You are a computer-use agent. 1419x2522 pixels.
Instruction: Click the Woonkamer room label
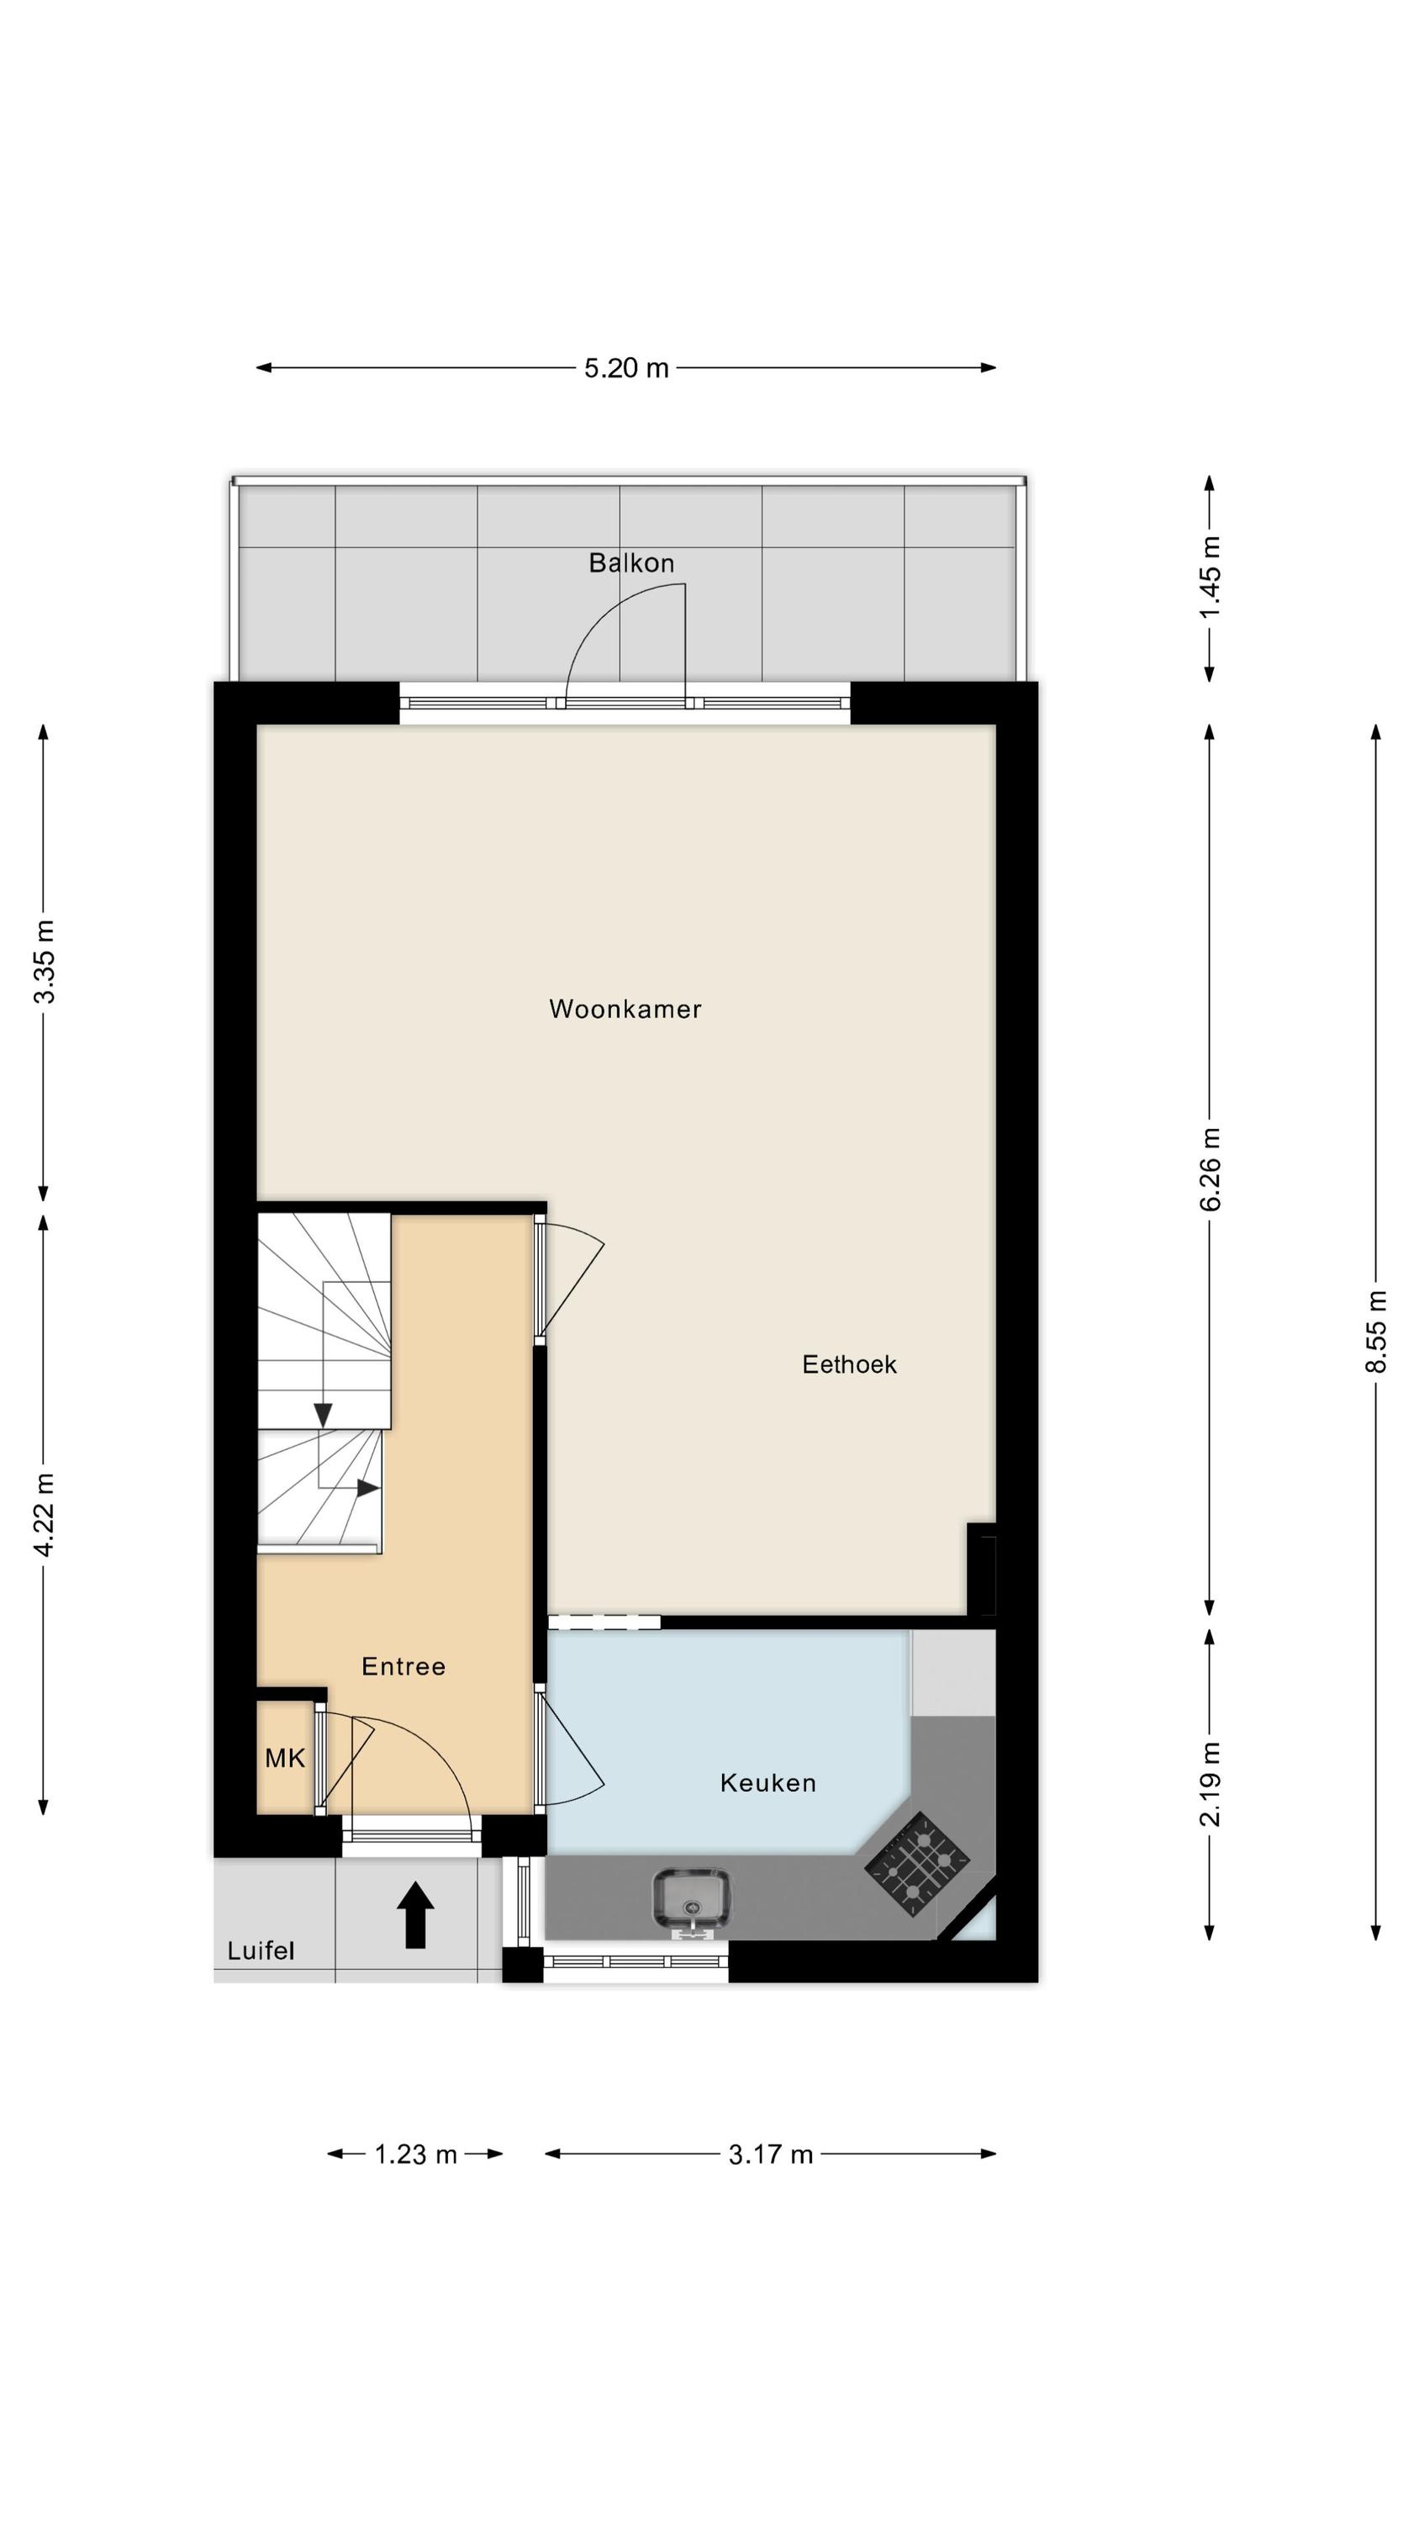pos(625,1009)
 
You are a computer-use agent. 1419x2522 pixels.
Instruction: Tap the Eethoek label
pos(849,1364)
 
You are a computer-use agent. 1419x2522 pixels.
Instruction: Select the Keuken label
pos(768,1783)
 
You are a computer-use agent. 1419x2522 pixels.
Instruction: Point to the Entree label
pos(404,1666)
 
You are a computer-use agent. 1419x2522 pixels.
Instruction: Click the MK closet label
pos(285,1759)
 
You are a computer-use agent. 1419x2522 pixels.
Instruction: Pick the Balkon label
pos(631,563)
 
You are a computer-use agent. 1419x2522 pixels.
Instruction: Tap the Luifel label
pos(261,1951)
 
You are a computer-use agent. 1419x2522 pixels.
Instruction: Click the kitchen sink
pos(691,1902)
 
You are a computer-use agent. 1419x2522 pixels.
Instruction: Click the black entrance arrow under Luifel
pos(415,1915)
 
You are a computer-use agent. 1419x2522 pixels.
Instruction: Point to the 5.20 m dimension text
pos(627,368)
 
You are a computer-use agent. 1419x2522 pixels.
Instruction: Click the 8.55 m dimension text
pos(1376,1332)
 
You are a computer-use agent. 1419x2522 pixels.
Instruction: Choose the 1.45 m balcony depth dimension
pos(1210,577)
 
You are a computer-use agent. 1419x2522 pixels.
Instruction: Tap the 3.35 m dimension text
pos(44,963)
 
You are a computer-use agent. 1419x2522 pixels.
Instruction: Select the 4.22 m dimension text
pos(44,1515)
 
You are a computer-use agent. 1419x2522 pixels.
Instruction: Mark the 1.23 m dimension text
pos(416,2154)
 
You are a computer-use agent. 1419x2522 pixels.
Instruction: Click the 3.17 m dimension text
pos(771,2154)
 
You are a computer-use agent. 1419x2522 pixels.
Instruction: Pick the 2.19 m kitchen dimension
pos(1210,1784)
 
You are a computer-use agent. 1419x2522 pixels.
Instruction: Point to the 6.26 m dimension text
pos(1210,1169)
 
